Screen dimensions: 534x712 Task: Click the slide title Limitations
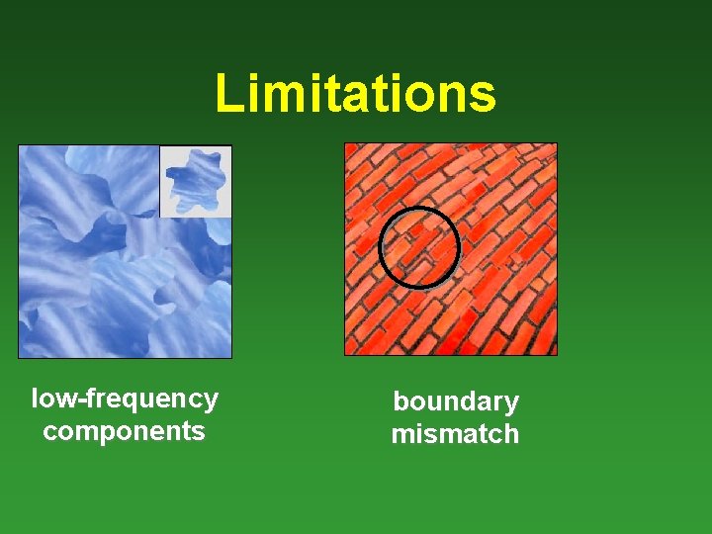click(355, 93)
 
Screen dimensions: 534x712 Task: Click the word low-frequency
click(125, 400)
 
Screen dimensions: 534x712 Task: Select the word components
click(125, 431)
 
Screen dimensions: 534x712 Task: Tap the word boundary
click(455, 401)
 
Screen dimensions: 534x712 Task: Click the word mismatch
click(455, 433)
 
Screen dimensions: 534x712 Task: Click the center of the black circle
click(419, 247)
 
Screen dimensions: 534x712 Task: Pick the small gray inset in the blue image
click(196, 181)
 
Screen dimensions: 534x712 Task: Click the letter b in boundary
click(400, 401)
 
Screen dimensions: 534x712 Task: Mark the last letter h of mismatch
click(510, 433)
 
